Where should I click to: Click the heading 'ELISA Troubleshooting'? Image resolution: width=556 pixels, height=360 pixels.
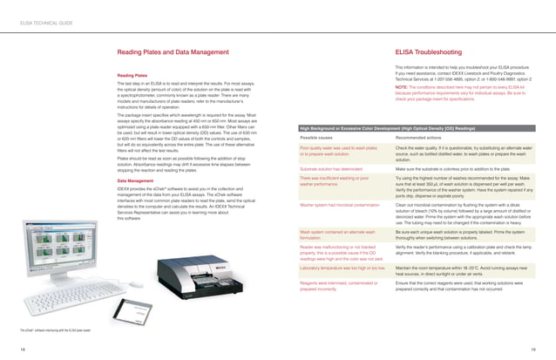(x=431, y=52)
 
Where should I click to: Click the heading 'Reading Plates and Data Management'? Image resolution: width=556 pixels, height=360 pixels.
(x=168, y=52)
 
